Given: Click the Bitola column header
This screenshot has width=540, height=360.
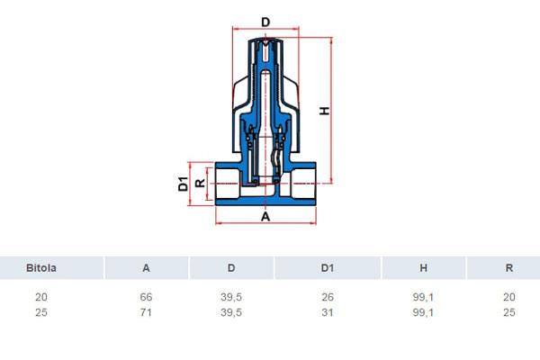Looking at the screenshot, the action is coord(41,267).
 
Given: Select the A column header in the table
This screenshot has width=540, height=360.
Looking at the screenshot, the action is coord(146,267).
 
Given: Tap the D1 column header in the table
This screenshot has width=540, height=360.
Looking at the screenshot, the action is coord(328,267).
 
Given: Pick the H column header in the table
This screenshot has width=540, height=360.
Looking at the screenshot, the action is coord(423,267).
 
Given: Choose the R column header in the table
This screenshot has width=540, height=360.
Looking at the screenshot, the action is coord(509,267).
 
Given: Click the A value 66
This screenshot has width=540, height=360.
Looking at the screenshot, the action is coord(146,297).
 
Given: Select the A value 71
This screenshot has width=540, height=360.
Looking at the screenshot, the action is coord(146,312).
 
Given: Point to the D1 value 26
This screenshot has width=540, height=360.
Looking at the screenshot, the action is coord(328,297).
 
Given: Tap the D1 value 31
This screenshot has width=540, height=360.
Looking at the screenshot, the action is coord(328,312).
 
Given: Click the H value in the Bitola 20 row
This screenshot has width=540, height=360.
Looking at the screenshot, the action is coord(423,297).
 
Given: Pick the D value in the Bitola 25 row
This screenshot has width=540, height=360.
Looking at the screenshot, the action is coord(231,312).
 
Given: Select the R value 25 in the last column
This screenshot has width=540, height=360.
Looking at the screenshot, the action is coord(509,312).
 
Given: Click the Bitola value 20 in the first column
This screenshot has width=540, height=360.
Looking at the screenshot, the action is coord(41,297).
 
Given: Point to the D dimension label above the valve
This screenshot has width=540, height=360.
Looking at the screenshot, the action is coord(265,22).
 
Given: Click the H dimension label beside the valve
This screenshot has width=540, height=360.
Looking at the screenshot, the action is coord(324,111).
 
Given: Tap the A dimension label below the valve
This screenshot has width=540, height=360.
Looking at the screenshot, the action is coord(265,217).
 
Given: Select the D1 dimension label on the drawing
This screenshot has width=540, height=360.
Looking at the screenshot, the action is coord(184,184).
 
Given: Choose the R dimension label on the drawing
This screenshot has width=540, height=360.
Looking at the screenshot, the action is coord(200,184).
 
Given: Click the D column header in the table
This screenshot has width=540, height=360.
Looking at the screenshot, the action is coord(231,267).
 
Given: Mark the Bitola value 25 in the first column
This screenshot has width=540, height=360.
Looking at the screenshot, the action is coord(41,312).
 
